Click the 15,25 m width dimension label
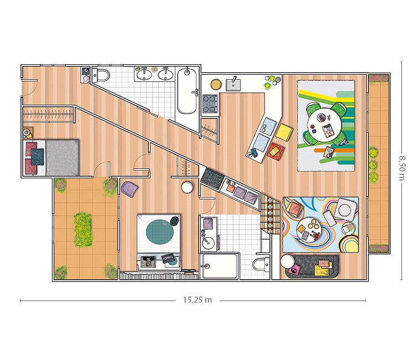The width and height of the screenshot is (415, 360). click(x=198, y=300)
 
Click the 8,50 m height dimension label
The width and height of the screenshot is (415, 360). click(x=402, y=167)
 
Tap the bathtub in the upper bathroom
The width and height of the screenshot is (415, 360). click(x=187, y=91)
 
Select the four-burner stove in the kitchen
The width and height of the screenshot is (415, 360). click(x=210, y=104)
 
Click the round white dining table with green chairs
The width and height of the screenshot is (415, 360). click(x=324, y=123)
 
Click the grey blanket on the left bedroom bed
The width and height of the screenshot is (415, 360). click(x=63, y=157)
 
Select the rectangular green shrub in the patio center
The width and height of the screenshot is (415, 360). click(x=83, y=229)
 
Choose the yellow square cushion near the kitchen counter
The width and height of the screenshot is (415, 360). click(x=284, y=131)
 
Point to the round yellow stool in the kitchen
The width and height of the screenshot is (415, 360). click(x=216, y=84)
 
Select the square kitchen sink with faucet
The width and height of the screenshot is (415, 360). click(x=233, y=85)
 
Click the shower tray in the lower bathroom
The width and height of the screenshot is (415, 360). click(x=220, y=266)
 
